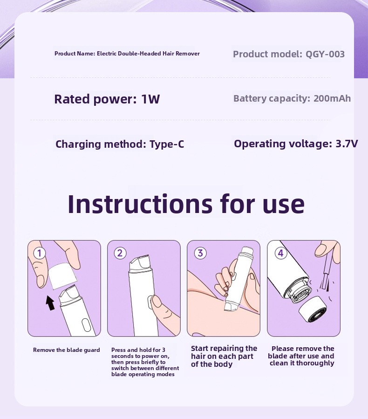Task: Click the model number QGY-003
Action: click(325, 54)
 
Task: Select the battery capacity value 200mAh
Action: click(332, 98)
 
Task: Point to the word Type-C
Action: click(167, 144)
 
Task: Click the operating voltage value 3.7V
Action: click(347, 144)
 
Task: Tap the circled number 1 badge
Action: click(39, 253)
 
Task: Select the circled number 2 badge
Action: click(120, 253)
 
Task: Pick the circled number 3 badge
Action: click(200, 253)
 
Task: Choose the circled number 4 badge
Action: click(281, 253)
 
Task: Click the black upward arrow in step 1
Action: click(50, 303)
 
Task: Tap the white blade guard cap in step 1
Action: click(62, 276)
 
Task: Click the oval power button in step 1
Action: click(87, 325)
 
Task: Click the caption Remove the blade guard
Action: click(67, 350)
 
